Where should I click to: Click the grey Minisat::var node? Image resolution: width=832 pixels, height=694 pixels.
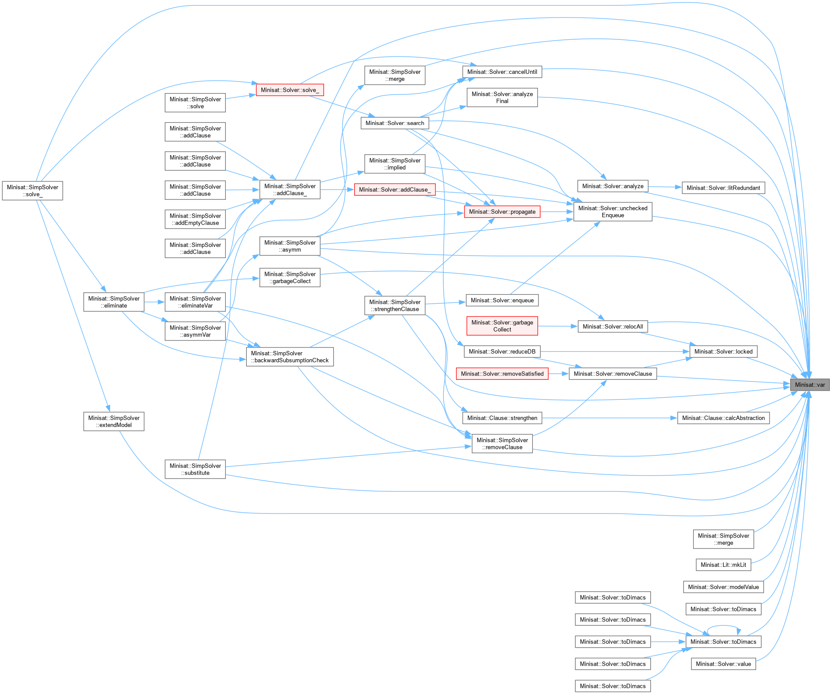click(x=809, y=385)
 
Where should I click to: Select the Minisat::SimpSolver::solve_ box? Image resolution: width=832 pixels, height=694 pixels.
click(x=32, y=191)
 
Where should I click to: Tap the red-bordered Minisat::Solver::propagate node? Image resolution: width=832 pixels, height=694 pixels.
click(x=502, y=212)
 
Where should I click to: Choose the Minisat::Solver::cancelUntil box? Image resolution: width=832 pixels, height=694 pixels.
click(x=502, y=72)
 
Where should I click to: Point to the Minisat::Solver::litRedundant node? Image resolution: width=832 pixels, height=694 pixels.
click(x=723, y=188)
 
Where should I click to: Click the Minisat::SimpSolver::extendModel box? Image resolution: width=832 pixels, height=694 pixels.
click(x=114, y=421)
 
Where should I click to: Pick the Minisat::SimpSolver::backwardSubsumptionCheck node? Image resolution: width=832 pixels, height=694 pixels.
click(x=290, y=357)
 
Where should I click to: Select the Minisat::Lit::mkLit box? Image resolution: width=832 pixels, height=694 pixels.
click(x=723, y=565)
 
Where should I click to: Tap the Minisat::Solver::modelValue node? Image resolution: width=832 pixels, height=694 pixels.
click(x=723, y=587)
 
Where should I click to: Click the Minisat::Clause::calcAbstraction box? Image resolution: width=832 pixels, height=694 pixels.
click(x=723, y=418)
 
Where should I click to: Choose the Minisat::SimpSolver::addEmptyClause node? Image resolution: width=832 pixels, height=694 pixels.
click(x=195, y=219)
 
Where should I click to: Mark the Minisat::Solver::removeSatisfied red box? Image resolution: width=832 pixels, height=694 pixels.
click(x=502, y=374)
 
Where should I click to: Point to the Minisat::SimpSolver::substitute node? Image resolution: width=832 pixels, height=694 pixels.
click(x=195, y=469)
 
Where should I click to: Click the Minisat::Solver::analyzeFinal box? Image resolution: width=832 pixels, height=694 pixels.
click(x=502, y=97)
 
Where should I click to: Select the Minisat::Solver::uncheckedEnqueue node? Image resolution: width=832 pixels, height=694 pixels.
click(x=612, y=212)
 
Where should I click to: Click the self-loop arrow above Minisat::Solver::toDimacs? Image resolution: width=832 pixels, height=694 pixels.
click(x=723, y=626)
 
